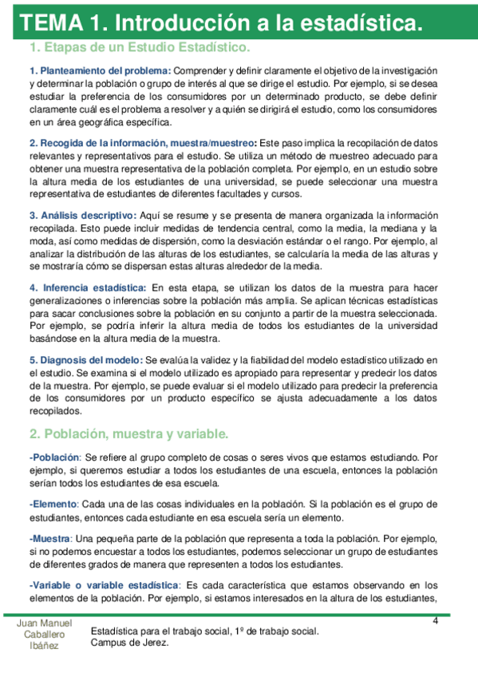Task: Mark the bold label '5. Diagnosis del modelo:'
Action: point(86,361)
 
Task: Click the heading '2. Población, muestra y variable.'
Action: point(128,434)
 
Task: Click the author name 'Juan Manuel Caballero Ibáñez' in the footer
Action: point(45,634)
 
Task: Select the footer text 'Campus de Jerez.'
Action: point(130,643)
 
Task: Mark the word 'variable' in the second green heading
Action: point(200,434)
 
